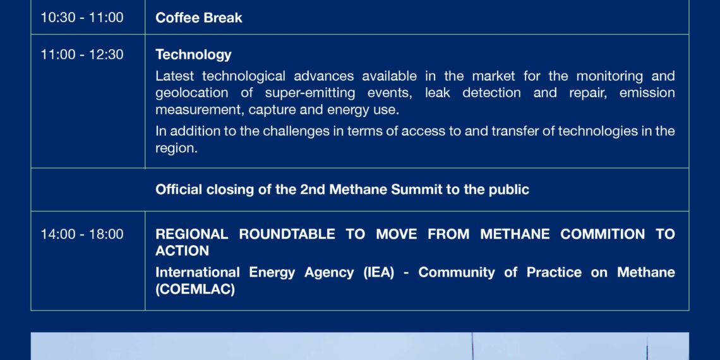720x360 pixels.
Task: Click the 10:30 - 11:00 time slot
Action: pyautogui.click(x=81, y=18)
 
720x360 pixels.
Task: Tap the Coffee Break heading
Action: pyautogui.click(x=199, y=18)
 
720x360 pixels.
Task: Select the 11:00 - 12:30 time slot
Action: pyautogui.click(x=81, y=55)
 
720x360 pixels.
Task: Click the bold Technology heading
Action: pyautogui.click(x=193, y=55)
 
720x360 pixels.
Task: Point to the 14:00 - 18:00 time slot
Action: pyautogui.click(x=81, y=234)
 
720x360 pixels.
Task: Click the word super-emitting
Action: pyautogui.click(x=310, y=93)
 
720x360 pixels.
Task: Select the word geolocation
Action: pyautogui.click(x=192, y=93)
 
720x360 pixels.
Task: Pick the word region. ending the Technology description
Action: pyautogui.click(x=176, y=149)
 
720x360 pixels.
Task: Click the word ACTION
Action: pyautogui.click(x=183, y=251)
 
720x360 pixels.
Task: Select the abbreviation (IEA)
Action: pyautogui.click(x=378, y=273)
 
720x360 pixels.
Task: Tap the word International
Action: pyautogui.click(x=198, y=272)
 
